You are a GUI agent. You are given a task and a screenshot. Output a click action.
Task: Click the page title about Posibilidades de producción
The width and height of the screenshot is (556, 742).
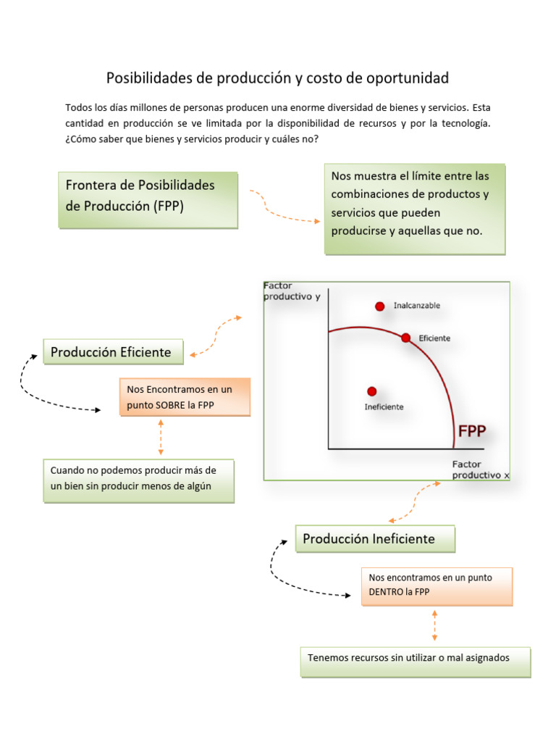[277, 78]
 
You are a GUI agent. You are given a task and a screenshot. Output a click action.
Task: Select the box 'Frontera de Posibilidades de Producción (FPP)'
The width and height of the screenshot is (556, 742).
[148, 200]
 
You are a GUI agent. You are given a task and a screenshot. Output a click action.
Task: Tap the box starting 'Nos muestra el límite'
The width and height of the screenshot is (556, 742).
[414, 209]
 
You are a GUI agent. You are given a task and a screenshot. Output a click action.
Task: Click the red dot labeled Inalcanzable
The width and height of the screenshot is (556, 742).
[380, 307]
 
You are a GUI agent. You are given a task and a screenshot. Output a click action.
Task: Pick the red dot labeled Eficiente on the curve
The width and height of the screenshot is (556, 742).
[405, 338]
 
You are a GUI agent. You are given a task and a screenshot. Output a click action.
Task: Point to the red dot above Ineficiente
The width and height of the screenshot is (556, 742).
[372, 391]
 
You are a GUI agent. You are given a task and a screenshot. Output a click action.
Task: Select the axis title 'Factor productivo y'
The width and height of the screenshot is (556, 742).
[291, 291]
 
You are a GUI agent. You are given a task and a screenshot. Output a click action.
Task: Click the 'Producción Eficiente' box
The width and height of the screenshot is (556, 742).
[113, 353]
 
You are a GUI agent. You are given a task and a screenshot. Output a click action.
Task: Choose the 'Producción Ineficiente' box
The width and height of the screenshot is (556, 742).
[375, 539]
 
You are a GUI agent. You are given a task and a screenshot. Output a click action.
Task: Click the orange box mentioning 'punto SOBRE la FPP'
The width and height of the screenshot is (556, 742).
[185, 397]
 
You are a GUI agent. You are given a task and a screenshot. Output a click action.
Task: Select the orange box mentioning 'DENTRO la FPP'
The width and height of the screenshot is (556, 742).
[437, 585]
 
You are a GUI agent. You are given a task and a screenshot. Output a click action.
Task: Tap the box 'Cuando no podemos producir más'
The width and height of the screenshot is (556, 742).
[138, 480]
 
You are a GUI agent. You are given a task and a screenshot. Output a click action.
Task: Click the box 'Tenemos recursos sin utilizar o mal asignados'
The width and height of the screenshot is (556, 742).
[415, 662]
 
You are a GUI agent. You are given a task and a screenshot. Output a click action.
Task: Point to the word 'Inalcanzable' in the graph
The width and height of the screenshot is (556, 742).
[416, 306]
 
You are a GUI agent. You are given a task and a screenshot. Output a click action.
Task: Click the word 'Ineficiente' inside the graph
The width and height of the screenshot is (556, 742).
[384, 407]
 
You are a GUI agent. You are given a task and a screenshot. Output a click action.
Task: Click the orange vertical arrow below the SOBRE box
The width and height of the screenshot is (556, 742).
[161, 437]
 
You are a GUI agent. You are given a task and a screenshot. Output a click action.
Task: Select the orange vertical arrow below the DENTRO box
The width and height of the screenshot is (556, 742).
[434, 625]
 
